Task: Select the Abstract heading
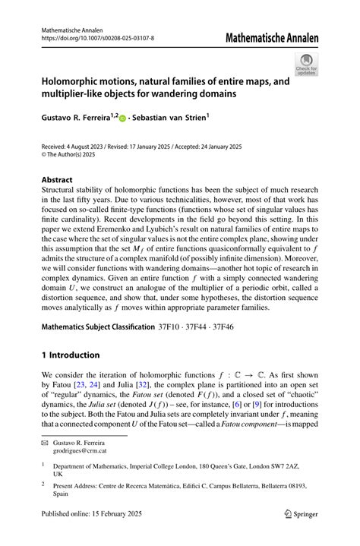tap(58, 180)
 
